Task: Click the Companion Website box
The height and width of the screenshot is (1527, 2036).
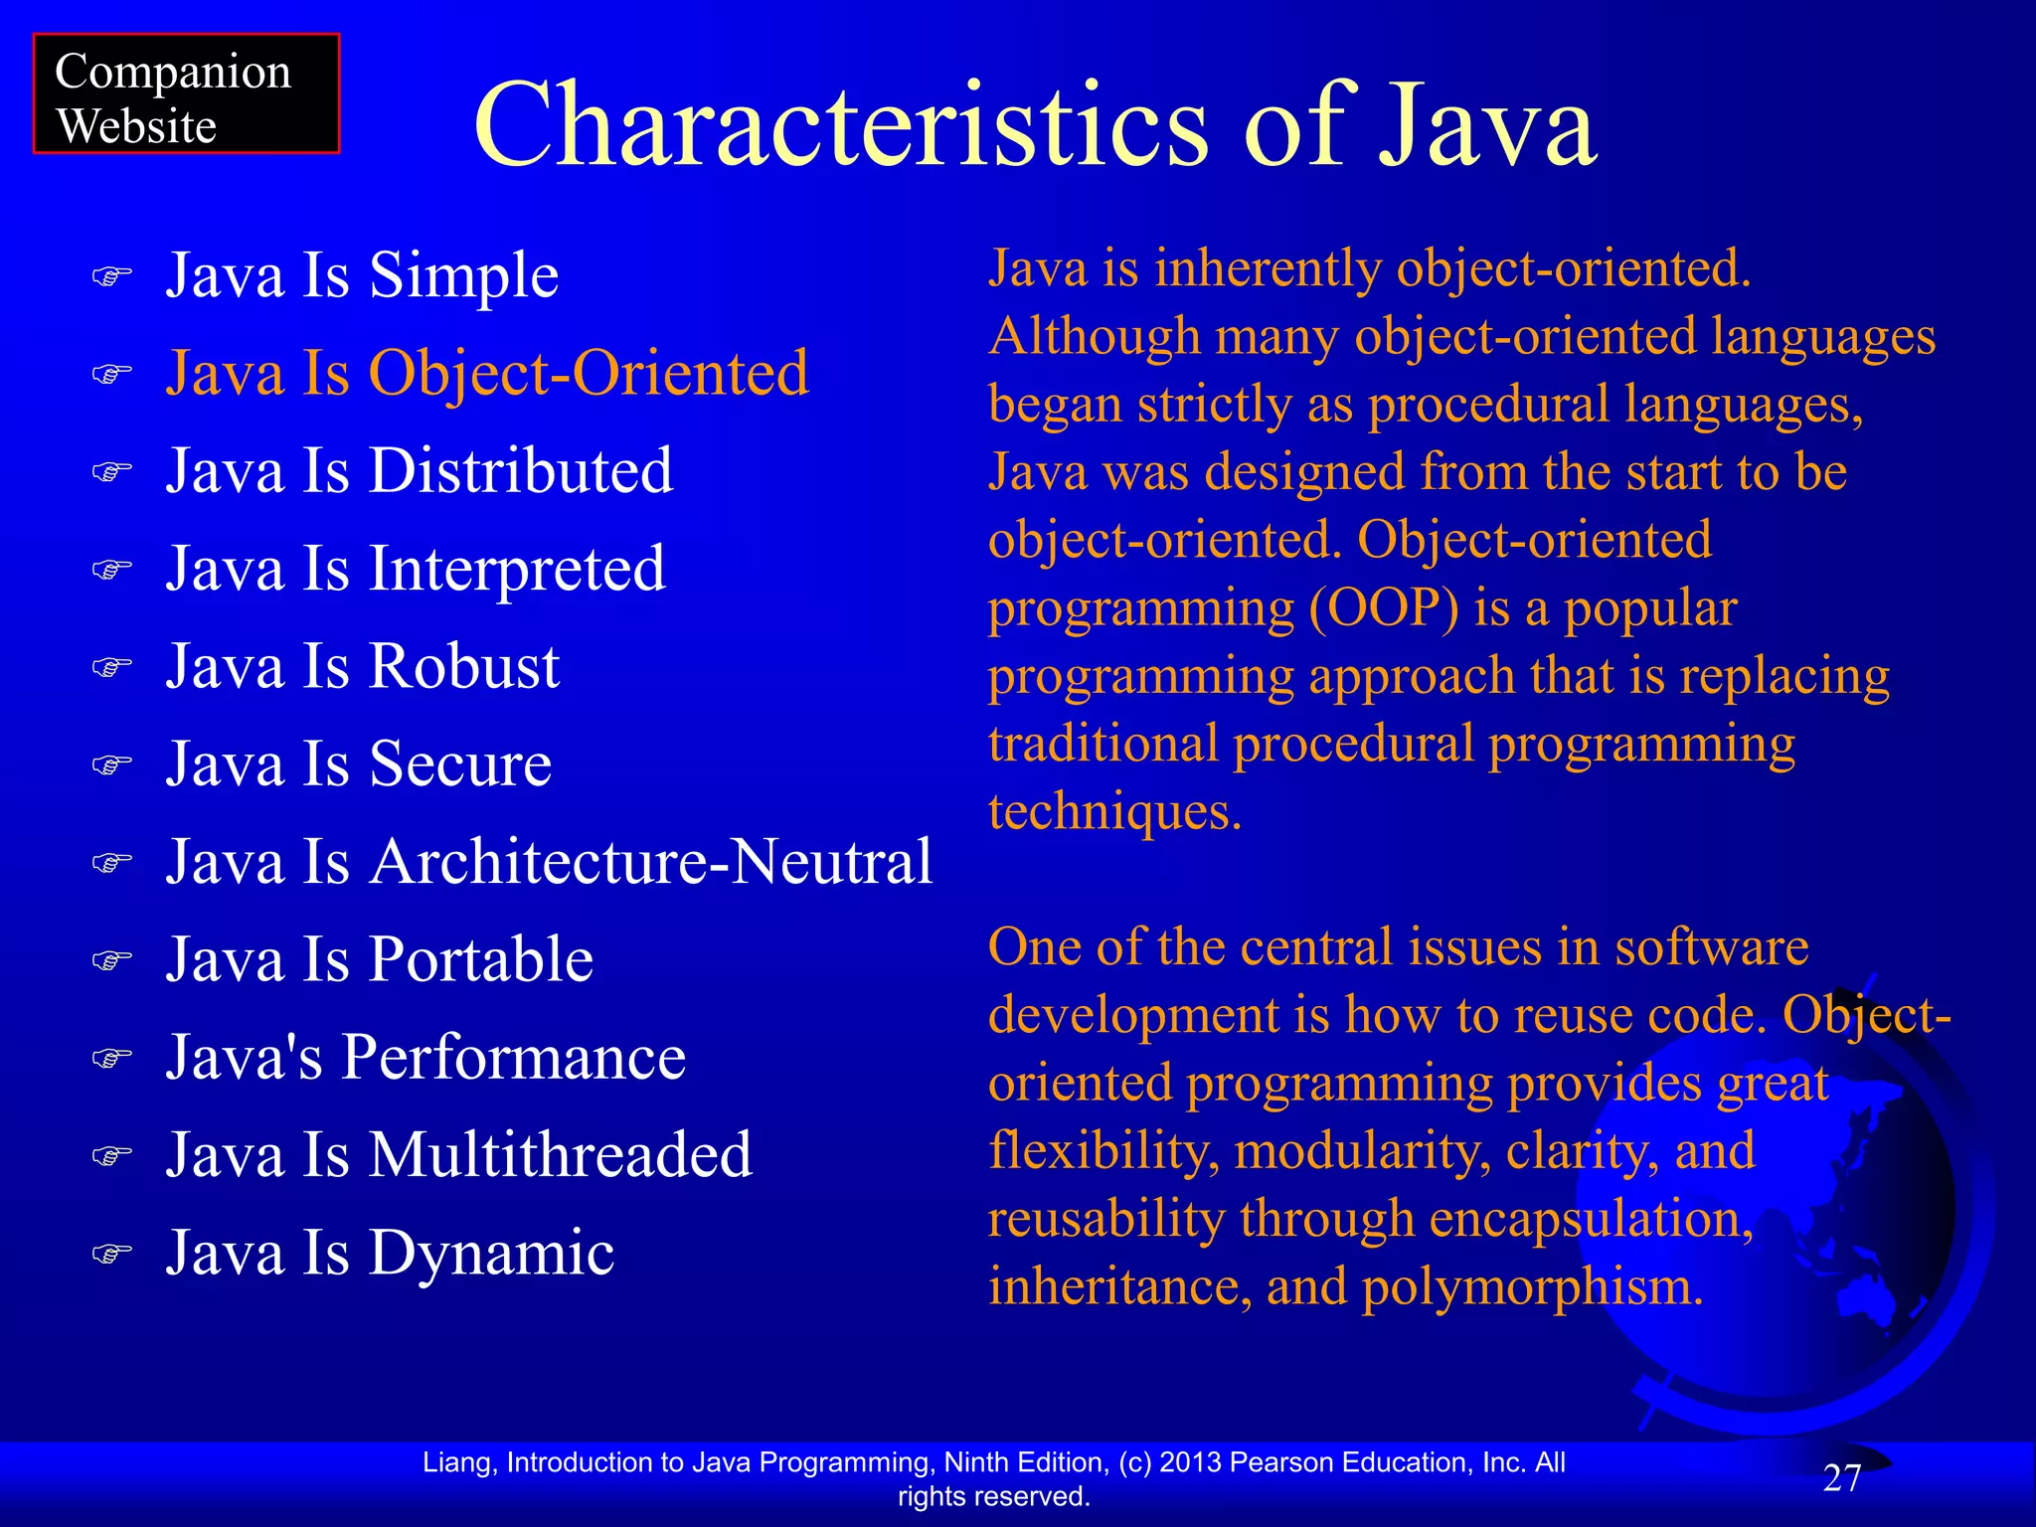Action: (186, 94)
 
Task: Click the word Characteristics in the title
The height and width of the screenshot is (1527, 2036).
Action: (840, 126)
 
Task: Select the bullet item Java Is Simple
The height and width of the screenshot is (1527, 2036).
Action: (362, 274)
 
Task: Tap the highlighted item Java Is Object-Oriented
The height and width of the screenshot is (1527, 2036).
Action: (487, 373)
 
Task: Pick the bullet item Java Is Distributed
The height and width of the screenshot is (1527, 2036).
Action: (419, 470)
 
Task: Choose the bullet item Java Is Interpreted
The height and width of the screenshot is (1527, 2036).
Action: (416, 569)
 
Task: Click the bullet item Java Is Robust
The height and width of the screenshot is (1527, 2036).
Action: (363, 666)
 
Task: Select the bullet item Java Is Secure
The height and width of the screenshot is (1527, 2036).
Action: (359, 763)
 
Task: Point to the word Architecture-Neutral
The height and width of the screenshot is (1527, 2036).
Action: (651, 861)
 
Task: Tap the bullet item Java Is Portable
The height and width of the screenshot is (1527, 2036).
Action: (380, 959)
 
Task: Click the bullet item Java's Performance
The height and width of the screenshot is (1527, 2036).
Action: (425, 1057)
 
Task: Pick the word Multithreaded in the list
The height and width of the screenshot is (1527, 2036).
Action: (561, 1154)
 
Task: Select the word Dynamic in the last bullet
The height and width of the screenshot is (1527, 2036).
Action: (491, 1253)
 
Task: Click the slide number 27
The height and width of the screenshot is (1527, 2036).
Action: (1842, 1478)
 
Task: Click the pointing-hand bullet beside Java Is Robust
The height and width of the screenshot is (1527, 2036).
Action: (111, 667)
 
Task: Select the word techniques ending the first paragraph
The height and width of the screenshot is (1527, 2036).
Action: (1113, 812)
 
